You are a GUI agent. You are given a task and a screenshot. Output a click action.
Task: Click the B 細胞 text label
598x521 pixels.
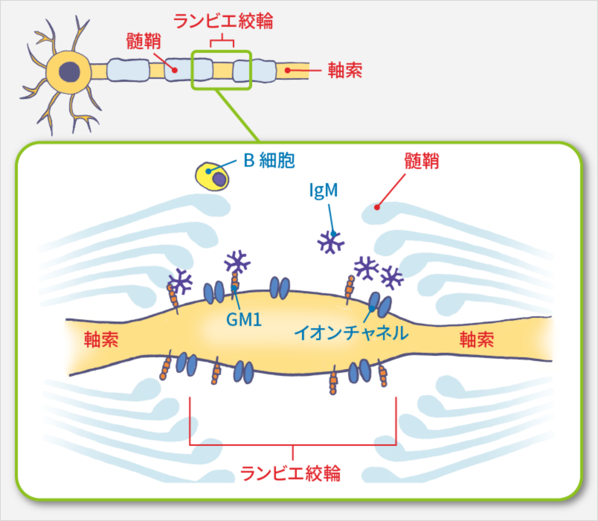point(269,161)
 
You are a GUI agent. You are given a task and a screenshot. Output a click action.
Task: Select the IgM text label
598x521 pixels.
point(324,191)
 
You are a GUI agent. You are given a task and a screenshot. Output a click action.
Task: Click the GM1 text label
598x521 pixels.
point(244,320)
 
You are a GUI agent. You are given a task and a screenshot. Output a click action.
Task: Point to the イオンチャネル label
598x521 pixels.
point(351,332)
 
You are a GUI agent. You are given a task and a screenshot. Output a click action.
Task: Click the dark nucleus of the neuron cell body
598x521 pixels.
point(70,71)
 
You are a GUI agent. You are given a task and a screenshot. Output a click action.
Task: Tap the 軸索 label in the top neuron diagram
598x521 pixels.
point(345,70)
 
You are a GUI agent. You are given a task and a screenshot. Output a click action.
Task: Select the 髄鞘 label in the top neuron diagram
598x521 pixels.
point(144,41)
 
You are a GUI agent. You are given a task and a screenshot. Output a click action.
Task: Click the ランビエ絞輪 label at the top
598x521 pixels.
point(223,21)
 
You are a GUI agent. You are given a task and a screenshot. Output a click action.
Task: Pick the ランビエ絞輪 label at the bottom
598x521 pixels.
point(290,473)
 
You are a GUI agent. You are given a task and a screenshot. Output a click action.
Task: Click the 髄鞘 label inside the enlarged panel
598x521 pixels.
point(422,162)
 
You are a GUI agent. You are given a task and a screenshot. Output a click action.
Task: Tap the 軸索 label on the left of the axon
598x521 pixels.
point(101,340)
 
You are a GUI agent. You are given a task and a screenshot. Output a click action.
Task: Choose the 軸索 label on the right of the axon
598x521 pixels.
point(477,340)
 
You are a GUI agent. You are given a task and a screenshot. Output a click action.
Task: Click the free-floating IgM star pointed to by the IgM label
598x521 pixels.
point(330,242)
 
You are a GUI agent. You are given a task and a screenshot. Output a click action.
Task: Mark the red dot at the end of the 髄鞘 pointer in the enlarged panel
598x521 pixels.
point(377,207)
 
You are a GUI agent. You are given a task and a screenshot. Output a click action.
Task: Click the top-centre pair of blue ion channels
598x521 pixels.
point(280,288)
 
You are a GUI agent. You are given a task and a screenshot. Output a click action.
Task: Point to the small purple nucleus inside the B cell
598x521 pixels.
point(220,179)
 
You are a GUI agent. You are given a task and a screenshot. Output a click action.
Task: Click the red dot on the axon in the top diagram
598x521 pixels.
point(287,70)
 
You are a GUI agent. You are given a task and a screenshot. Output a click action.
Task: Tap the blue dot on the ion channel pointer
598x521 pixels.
point(372,309)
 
